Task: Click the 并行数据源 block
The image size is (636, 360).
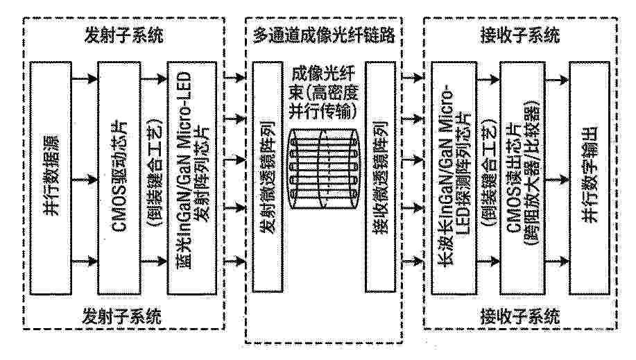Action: (51, 178)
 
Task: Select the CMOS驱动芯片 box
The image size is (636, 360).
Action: (119, 178)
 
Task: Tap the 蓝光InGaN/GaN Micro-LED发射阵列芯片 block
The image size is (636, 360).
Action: (192, 178)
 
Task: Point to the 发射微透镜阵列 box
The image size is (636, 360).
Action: (268, 177)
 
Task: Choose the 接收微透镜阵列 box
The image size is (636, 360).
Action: (381, 177)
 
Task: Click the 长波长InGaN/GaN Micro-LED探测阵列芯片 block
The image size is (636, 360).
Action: (454, 178)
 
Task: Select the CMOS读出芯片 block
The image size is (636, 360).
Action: (521, 178)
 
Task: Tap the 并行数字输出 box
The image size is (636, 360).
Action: (590, 178)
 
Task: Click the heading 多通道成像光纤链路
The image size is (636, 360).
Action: (324, 35)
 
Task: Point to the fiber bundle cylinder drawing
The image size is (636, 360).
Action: (324, 169)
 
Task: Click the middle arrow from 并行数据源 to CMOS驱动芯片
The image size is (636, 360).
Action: (85, 179)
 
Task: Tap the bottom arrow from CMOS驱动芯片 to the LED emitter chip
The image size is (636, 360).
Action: (154, 261)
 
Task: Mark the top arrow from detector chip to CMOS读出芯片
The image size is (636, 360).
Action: (488, 79)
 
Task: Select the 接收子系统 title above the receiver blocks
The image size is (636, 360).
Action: (520, 35)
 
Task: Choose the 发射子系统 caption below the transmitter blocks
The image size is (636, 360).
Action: (122, 316)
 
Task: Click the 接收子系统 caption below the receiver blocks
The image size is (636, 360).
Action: (520, 316)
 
